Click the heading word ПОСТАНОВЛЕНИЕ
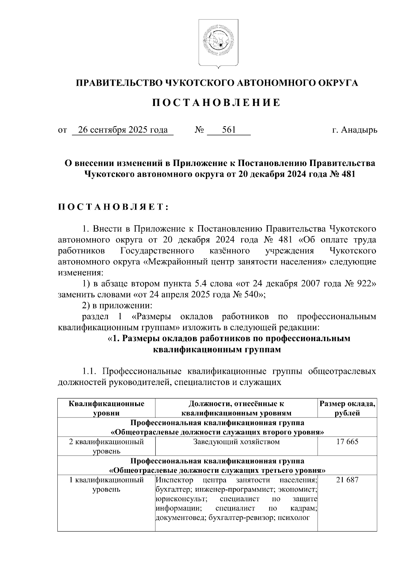tap(216, 103)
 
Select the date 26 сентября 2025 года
tap(123, 130)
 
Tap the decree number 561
tap(229, 130)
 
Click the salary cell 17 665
tap(347, 442)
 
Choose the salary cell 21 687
tap(347, 480)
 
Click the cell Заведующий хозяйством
tap(236, 442)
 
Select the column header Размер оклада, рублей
tap(347, 408)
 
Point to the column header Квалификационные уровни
tap(106, 408)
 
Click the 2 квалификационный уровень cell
tap(106, 446)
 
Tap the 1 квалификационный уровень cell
tap(106, 485)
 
